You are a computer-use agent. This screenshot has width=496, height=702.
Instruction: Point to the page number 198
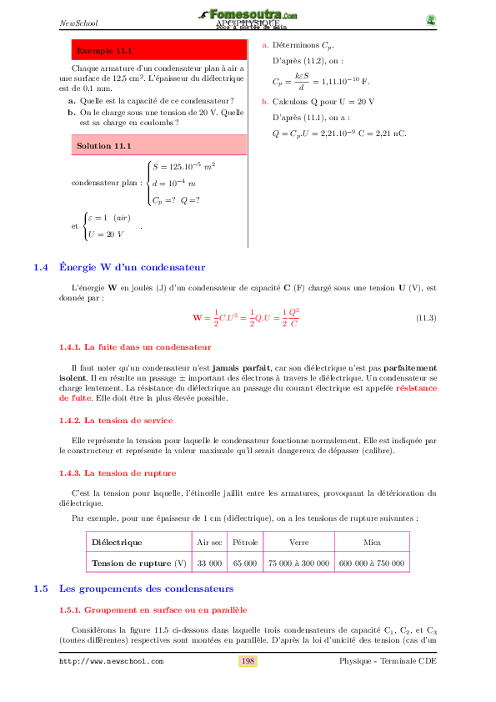click(x=248, y=661)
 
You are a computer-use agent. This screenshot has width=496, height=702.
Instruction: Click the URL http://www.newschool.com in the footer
click(x=111, y=661)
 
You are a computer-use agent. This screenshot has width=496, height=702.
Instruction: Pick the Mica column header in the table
click(x=373, y=542)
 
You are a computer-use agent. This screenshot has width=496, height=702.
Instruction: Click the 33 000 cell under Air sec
click(x=208, y=563)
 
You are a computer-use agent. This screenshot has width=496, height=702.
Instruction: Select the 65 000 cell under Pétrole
click(x=245, y=563)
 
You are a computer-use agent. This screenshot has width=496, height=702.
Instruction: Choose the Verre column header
click(x=298, y=542)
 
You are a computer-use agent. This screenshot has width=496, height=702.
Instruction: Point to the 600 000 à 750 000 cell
click(x=373, y=563)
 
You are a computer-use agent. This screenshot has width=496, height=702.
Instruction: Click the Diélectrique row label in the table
click(x=117, y=542)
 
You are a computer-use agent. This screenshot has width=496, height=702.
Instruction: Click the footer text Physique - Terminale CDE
click(x=388, y=661)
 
